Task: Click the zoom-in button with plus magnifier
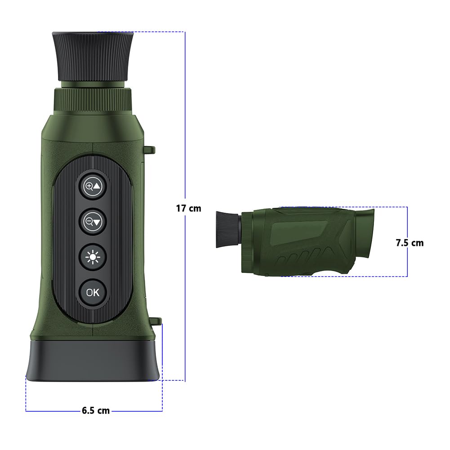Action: point(93,185)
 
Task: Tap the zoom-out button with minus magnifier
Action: point(93,221)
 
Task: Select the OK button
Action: point(93,292)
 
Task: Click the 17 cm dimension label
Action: point(188,208)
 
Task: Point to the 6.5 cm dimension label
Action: point(96,410)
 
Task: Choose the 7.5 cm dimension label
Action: point(409,243)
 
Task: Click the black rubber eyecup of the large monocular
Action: point(93,56)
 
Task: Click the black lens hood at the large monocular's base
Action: point(93,360)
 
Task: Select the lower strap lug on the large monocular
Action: point(156,321)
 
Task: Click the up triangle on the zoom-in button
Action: point(98,185)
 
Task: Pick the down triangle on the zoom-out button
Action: point(98,221)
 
